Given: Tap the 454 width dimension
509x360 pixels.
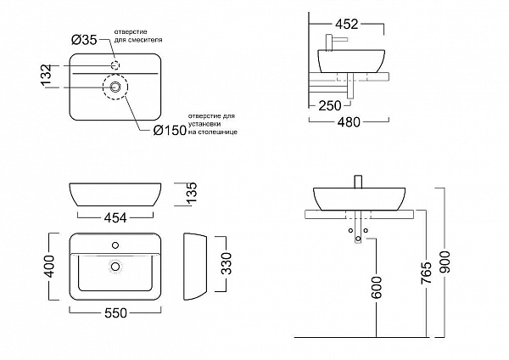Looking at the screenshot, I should tap(115, 217).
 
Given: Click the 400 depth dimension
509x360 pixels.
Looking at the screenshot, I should tap(53, 270).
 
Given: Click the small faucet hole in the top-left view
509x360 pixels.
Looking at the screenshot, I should tap(115, 65).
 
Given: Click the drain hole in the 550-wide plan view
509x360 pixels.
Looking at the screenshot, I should tap(115, 266).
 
